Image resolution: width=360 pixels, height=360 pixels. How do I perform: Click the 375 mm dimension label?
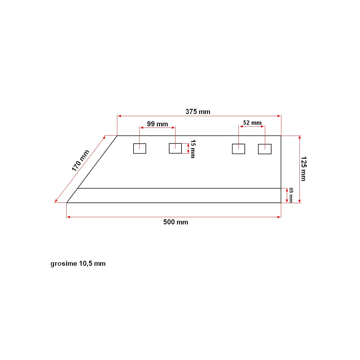[x=198, y=112]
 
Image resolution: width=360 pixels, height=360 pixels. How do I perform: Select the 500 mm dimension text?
[x=175, y=222]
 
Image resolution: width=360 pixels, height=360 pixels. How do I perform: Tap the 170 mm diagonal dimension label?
[x=80, y=160]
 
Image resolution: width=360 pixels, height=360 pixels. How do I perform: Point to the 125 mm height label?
[x=303, y=169]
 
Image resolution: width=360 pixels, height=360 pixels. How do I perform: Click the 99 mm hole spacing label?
[x=157, y=124]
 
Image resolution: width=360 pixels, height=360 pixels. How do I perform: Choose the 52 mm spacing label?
[x=252, y=123]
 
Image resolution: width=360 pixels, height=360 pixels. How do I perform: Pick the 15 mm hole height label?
[x=193, y=149]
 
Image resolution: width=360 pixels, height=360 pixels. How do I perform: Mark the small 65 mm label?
[x=291, y=195]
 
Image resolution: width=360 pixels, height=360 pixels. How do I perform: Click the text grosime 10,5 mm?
[x=78, y=264]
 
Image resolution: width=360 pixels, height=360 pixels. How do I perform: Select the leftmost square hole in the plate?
[x=139, y=148]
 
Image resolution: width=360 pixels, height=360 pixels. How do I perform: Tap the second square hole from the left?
[x=175, y=148]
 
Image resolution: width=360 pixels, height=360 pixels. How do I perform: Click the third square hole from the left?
[x=238, y=149]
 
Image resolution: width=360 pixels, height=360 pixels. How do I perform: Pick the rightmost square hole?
[x=265, y=149]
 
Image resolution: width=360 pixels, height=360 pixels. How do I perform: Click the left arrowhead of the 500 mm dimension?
[x=68, y=217]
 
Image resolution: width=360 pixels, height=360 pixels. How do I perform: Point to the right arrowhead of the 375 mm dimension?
[x=279, y=116]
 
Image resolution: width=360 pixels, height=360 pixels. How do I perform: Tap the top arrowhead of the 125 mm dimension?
[x=299, y=137]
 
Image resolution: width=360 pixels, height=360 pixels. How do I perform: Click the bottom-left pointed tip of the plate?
[x=67, y=202]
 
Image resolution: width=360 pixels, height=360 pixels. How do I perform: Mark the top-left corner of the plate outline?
[x=117, y=136]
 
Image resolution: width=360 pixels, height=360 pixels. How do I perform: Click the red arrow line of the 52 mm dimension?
[x=252, y=127]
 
